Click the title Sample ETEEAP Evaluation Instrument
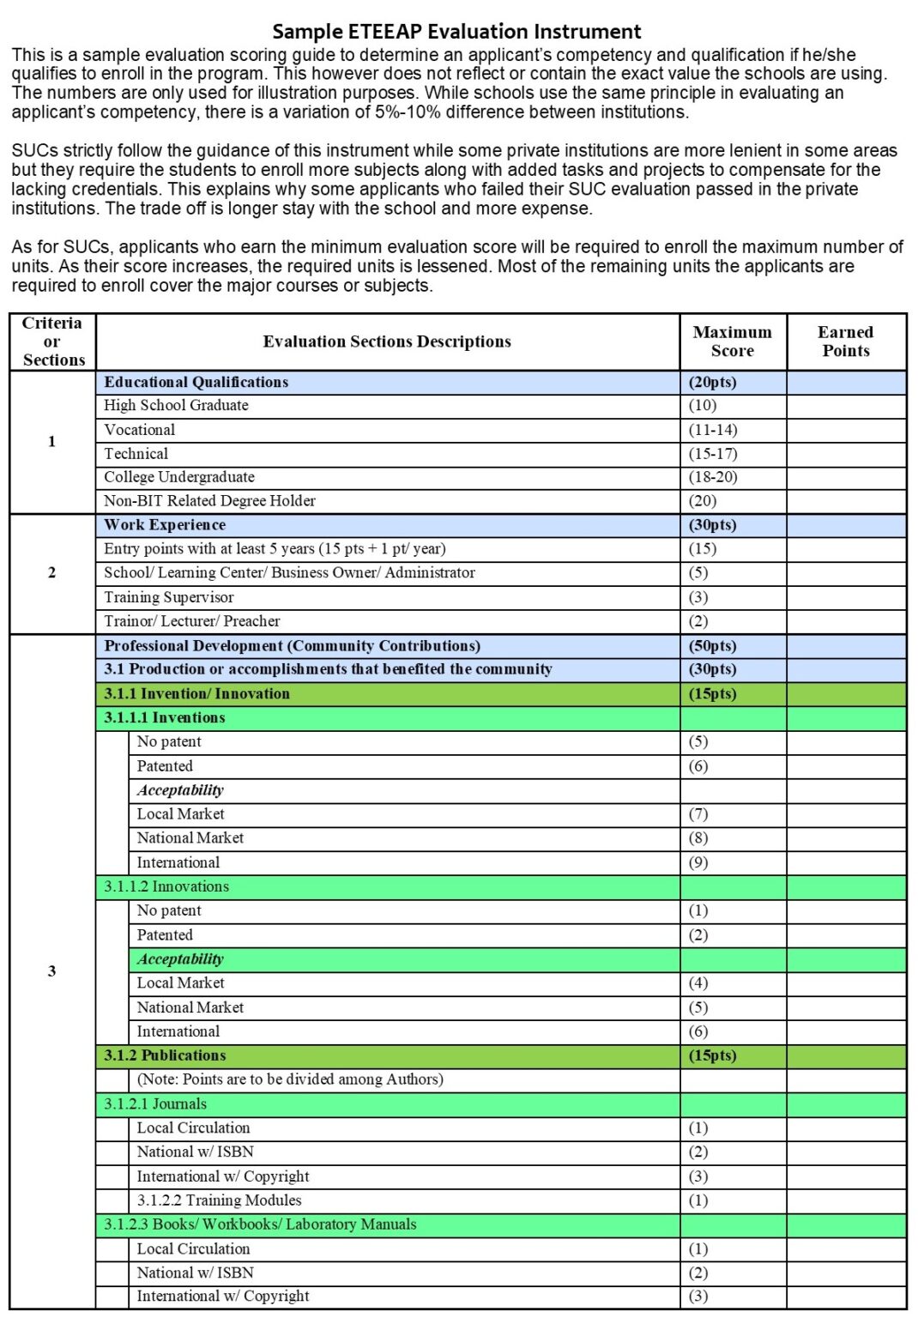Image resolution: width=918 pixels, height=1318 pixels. (x=456, y=32)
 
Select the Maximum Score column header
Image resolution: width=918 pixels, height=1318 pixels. (x=732, y=342)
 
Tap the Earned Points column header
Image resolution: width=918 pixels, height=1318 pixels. (x=845, y=342)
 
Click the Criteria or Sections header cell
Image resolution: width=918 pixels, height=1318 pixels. (x=53, y=342)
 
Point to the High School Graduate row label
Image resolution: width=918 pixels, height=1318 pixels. (x=176, y=405)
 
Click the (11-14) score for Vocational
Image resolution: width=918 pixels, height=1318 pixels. (x=712, y=430)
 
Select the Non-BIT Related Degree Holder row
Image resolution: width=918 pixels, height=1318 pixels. (x=209, y=501)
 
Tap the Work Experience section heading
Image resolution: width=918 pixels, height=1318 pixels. (x=165, y=525)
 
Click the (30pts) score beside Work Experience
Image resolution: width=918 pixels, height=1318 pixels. (x=712, y=525)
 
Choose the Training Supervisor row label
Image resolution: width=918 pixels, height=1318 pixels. (x=168, y=597)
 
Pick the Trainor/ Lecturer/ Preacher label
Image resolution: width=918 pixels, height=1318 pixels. (x=191, y=621)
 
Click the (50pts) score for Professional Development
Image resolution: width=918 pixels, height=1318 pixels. (x=712, y=646)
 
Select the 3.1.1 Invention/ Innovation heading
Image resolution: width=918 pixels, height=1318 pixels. (x=196, y=694)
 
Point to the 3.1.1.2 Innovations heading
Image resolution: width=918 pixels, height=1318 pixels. (x=166, y=887)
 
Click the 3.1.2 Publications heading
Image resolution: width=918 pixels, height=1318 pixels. (x=165, y=1056)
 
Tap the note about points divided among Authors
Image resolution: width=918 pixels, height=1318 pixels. (x=290, y=1079)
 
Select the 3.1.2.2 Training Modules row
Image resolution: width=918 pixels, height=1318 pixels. (x=219, y=1200)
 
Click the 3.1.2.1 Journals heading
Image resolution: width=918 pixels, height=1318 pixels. (x=155, y=1104)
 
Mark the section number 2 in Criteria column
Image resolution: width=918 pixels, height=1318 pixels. (x=52, y=572)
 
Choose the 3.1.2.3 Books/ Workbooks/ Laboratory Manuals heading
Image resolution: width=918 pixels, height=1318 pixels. (x=260, y=1224)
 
